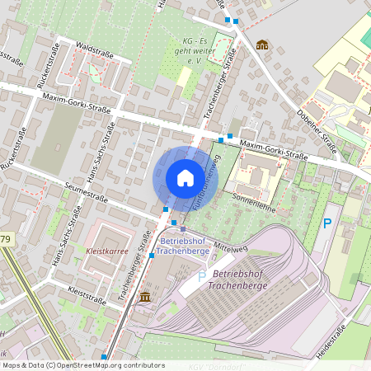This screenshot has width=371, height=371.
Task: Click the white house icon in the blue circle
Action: (185, 178)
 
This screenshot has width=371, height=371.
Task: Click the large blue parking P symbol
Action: (327, 223)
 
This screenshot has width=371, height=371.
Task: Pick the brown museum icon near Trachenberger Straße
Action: (145, 297)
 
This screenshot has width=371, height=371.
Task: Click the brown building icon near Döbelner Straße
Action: (262, 45)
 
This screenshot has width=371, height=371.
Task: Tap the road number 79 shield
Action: (5, 239)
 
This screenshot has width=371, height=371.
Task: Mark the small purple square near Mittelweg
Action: (183, 229)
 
